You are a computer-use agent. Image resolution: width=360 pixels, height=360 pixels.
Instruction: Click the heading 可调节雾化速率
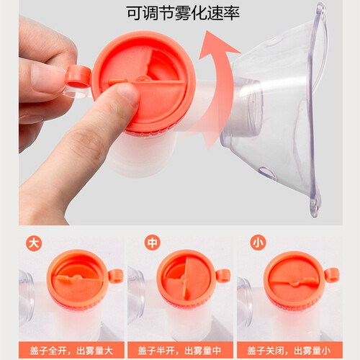click(183, 13)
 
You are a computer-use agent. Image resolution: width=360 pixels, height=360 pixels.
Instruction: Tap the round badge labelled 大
click(34, 243)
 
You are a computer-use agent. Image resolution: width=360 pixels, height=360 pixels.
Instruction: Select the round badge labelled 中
click(153, 243)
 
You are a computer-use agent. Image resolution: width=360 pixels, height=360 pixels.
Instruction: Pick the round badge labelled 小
click(258, 243)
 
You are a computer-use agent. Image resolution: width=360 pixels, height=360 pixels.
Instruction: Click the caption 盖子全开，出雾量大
click(71, 351)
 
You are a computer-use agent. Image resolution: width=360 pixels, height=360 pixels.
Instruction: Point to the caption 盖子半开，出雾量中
click(180, 351)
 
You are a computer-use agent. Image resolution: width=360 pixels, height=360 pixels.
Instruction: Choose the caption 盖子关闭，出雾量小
click(289, 351)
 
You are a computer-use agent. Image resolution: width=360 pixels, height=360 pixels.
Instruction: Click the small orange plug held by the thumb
click(78, 77)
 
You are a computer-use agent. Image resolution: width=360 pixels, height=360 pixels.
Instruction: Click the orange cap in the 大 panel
click(78, 279)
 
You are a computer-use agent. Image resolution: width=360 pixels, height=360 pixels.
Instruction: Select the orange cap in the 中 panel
click(186, 279)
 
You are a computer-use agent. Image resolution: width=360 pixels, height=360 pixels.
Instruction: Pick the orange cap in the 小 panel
click(294, 279)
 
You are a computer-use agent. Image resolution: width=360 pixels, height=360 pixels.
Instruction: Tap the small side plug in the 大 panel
click(116, 276)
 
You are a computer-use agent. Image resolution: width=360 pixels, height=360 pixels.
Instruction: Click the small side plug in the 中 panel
click(223, 276)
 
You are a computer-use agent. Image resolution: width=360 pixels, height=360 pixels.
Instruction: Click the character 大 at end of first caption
click(109, 351)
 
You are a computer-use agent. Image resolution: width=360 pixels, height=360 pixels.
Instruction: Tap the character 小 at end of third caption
click(326, 351)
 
